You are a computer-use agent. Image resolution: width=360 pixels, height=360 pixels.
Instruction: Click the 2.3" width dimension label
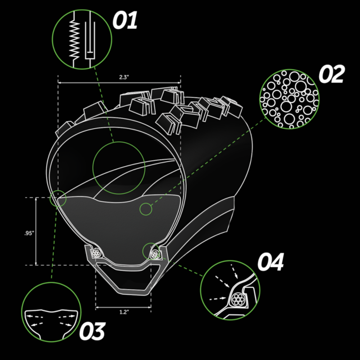[124, 77]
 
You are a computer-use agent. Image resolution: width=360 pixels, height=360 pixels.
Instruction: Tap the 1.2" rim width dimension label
[123, 312]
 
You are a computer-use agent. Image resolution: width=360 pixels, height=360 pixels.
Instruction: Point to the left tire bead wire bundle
[95, 253]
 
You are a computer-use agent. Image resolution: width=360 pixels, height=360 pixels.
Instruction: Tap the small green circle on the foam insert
[145, 209]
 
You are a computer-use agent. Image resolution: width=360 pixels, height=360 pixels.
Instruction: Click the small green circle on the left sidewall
[58, 198]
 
